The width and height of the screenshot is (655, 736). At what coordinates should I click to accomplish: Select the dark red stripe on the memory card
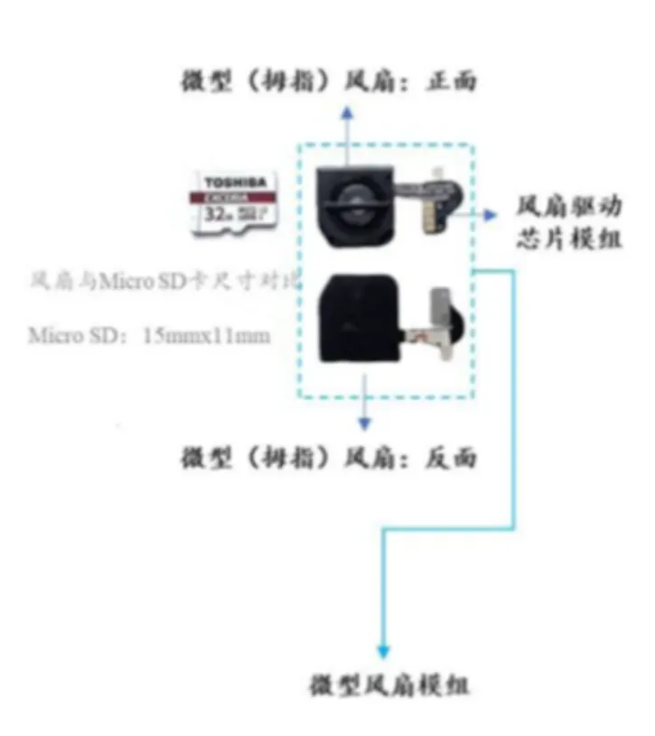pos(235,196)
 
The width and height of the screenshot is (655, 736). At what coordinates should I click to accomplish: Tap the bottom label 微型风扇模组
pos(389,685)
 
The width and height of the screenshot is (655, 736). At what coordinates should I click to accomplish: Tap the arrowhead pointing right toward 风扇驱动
pos(491,215)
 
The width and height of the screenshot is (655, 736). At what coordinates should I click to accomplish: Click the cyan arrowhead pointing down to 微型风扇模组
pos(383,651)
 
